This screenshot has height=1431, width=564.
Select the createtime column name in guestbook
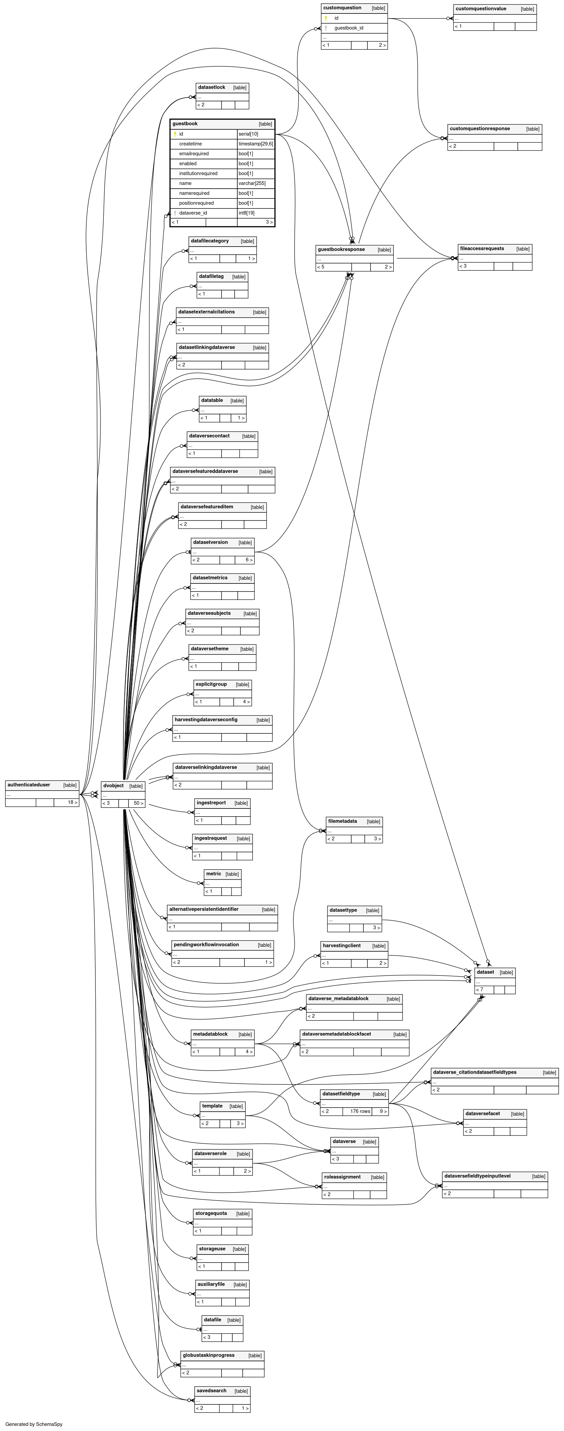coord(190,144)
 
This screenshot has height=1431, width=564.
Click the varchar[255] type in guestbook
coord(248,183)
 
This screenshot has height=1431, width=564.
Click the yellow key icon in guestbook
coord(175,134)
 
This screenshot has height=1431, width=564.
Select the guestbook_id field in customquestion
coord(349,28)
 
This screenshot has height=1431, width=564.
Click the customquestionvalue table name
coord(481,9)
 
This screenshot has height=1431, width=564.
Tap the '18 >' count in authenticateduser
coord(72,802)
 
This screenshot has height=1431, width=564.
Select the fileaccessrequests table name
coord(482,248)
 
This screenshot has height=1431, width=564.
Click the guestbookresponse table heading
coord(341,249)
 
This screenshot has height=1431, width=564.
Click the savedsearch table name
coord(212,1391)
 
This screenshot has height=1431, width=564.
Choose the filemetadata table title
coord(342,821)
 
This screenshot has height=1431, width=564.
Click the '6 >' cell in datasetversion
coord(249,560)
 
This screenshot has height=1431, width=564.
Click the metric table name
coord(213,874)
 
